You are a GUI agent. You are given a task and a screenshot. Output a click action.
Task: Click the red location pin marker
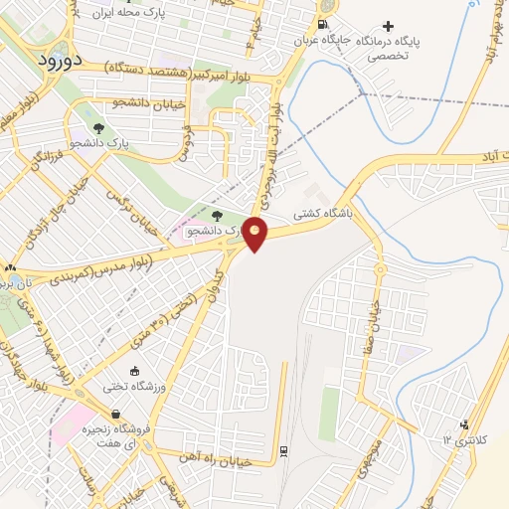pyautogui.click(x=255, y=234)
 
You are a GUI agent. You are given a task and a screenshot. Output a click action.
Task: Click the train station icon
pyautogui.click(x=285, y=451)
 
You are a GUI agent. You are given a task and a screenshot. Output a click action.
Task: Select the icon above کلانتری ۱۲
pyautogui.click(x=463, y=423)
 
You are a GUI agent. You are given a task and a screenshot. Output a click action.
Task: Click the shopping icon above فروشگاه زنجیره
pyautogui.click(x=117, y=415)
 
